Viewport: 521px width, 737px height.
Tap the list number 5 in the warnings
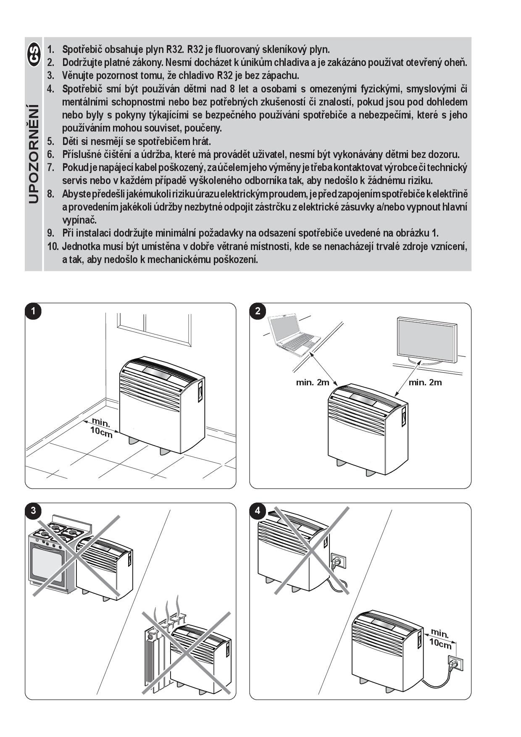point(51,141)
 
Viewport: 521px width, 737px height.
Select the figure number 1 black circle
point(33,311)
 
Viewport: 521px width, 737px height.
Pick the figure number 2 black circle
point(258,311)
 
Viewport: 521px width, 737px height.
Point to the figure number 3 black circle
point(33,511)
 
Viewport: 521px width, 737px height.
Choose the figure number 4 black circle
point(258,511)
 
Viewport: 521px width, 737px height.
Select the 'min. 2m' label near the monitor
point(425,382)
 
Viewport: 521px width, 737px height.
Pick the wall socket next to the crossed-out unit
point(339,561)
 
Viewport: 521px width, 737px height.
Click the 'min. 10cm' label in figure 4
point(440,639)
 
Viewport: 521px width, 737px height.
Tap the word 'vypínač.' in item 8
point(79,220)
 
